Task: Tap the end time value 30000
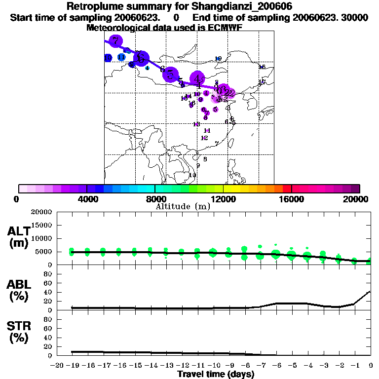point(354,17)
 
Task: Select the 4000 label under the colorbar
point(86,199)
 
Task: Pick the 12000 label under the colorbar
point(223,199)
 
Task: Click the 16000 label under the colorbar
point(291,199)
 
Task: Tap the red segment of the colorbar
point(287,189)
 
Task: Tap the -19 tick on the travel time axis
point(72,365)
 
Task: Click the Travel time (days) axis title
point(216,375)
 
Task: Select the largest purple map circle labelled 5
point(171,75)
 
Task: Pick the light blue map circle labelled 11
point(121,57)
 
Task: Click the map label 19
point(218,59)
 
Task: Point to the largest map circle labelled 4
point(198,78)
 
